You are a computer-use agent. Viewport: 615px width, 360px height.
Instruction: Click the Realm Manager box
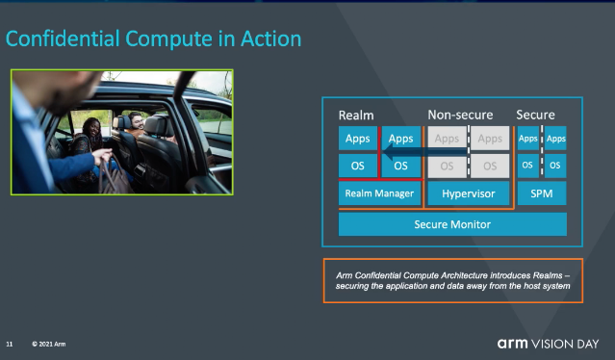pyautogui.click(x=379, y=193)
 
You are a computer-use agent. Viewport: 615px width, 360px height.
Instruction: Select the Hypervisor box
pyautogui.click(x=469, y=193)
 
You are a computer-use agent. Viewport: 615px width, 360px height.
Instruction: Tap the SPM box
pyautogui.click(x=542, y=193)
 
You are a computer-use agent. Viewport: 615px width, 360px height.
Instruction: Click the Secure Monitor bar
pyautogui.click(x=452, y=224)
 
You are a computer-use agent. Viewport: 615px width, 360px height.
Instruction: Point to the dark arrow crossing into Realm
pyautogui.click(x=424, y=152)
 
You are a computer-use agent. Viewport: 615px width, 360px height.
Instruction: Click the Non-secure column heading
pyautogui.click(x=460, y=115)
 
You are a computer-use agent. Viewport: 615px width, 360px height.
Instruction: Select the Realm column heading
pyautogui.click(x=356, y=116)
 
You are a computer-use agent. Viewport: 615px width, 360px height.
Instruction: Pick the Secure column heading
pyautogui.click(x=535, y=115)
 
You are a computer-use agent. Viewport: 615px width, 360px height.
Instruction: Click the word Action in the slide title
pyautogui.click(x=271, y=39)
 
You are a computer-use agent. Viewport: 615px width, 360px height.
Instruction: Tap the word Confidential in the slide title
pyautogui.click(x=63, y=39)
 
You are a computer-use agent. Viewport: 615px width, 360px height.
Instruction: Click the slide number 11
pyautogui.click(x=10, y=344)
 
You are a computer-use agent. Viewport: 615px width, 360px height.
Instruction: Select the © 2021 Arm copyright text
pyautogui.click(x=49, y=344)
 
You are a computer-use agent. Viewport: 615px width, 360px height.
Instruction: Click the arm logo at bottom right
pyautogui.click(x=513, y=344)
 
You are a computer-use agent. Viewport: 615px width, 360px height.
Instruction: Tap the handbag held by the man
pyautogui.click(x=114, y=176)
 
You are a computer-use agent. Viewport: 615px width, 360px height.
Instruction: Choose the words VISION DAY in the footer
pyautogui.click(x=565, y=344)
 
